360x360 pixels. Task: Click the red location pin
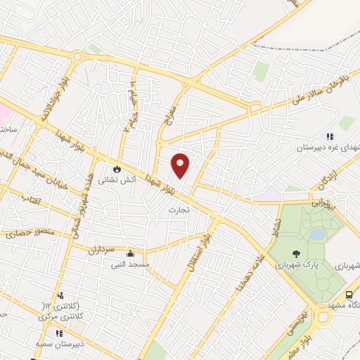tap(181, 165)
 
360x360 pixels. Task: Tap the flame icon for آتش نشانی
tap(117, 169)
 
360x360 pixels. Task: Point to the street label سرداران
tap(105, 249)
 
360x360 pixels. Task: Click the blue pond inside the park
tap(317, 233)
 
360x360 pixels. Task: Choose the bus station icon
tap(350, 295)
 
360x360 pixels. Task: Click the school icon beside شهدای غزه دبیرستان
tap(328, 136)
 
